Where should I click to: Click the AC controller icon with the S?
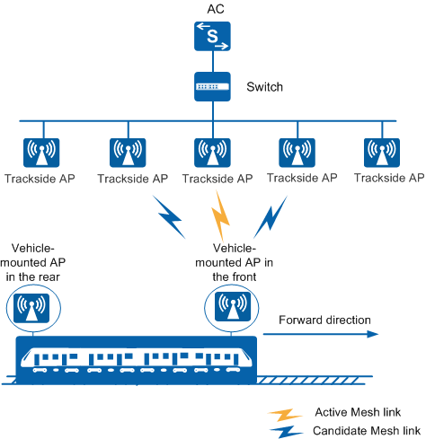tap(212, 36)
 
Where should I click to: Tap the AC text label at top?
tap(216, 9)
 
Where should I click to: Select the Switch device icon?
tap(212, 86)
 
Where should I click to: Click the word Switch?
tap(264, 87)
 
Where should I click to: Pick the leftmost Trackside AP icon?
tap(41, 153)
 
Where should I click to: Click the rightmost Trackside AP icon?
tap(382, 153)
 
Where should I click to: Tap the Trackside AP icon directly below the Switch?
tap(212, 153)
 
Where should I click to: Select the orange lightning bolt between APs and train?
tap(220, 216)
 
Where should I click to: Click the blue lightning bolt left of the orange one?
tap(169, 217)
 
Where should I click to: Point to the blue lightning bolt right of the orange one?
tap(271, 217)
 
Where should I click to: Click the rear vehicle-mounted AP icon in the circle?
tap(31, 308)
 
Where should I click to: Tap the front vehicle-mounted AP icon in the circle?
tap(233, 307)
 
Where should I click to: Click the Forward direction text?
tap(324, 320)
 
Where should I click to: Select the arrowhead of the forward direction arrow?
tap(373, 334)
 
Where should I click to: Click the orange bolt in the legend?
tap(285, 415)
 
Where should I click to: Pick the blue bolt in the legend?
tap(286, 432)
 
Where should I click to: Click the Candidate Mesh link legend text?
tap(367, 431)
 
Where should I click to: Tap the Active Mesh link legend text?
tap(358, 412)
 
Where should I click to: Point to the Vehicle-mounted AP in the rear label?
tap(32, 262)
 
